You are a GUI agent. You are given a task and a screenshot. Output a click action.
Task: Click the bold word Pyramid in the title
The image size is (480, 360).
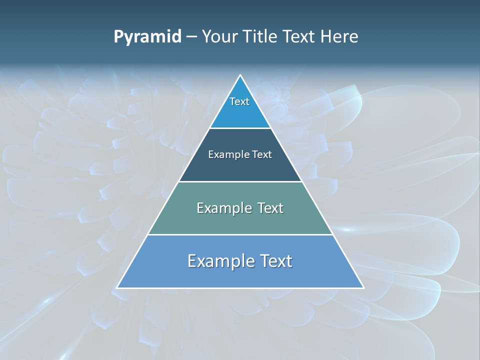pyautogui.click(x=147, y=37)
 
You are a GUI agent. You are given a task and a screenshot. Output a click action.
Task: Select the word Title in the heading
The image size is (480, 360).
pyautogui.click(x=262, y=37)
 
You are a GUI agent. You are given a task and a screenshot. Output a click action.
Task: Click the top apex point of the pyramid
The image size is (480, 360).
pyautogui.click(x=240, y=75)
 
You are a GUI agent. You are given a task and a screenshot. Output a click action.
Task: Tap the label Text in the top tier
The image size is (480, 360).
pyautogui.click(x=239, y=101)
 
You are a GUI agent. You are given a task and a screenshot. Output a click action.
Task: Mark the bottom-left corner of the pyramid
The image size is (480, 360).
pyautogui.click(x=117, y=287)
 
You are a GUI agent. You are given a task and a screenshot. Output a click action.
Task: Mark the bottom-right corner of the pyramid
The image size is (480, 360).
pyautogui.click(x=363, y=287)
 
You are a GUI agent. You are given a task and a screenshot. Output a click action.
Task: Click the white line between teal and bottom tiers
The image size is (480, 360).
pyautogui.click(x=240, y=234)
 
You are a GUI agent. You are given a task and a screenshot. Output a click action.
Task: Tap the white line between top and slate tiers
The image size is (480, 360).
pyautogui.click(x=240, y=128)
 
